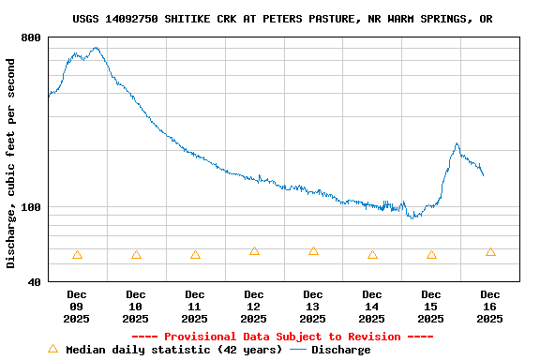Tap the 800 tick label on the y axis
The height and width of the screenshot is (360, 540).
pos(30,37)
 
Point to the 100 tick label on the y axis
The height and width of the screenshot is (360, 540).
pos(30,207)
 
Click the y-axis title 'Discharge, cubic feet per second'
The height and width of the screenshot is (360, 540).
pos(11,163)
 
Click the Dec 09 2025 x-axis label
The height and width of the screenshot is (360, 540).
pos(77,307)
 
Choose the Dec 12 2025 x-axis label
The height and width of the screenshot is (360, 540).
pos(254,307)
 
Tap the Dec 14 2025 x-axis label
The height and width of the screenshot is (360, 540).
pos(372,307)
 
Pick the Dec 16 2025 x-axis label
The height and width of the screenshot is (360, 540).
pos(490,307)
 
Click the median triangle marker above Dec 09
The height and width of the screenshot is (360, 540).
pos(77,255)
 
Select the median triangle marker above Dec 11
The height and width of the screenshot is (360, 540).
pos(195,255)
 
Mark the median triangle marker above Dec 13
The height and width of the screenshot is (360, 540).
pos(313,251)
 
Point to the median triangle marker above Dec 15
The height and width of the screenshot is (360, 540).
pos(431,255)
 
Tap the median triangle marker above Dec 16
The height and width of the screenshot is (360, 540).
pos(490,252)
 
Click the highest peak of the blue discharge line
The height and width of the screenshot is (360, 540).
pos(95,48)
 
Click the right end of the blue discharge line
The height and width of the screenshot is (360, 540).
pos(483,174)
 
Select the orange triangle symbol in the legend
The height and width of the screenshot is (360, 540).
pos(52,350)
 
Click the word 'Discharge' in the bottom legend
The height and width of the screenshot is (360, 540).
pos(340,350)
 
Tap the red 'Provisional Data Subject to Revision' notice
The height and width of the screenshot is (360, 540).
pos(282,337)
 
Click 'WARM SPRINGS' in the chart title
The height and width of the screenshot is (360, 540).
pos(424,19)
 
